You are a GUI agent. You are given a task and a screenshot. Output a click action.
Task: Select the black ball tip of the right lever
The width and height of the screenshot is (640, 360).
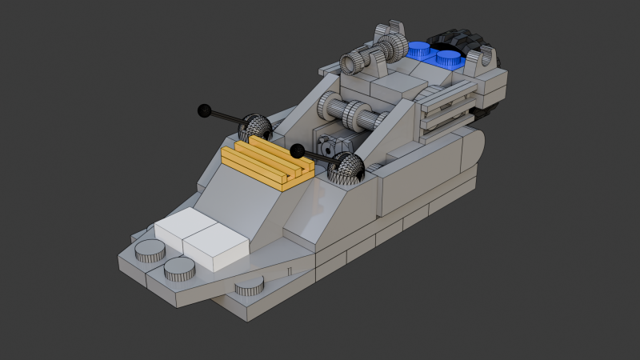coord(297,150)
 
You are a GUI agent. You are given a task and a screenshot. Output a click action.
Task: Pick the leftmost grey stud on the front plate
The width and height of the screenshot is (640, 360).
coord(149,252)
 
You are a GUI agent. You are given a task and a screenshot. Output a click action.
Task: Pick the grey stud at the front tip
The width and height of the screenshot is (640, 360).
coord(250,286)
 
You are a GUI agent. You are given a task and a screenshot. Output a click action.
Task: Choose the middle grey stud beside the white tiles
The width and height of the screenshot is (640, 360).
coord(180,270)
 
